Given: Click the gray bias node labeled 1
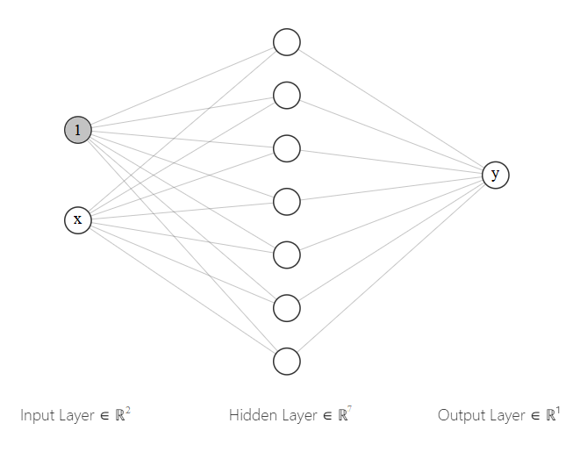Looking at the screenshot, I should click(77, 131).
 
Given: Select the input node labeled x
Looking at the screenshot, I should click(77, 219).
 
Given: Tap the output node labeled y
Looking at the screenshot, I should click(496, 175).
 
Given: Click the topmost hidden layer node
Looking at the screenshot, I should click(287, 42).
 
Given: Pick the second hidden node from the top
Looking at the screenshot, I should click(287, 95).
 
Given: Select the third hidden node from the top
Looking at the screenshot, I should click(287, 148).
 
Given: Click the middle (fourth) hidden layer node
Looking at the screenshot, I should click(287, 202).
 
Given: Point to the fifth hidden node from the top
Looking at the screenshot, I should click(287, 255).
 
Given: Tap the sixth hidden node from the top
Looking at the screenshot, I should click(287, 308).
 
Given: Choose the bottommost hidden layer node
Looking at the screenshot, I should click(287, 362).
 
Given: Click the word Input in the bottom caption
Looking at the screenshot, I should click(38, 416).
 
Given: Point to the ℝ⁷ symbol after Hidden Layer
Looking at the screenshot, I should click(345, 415).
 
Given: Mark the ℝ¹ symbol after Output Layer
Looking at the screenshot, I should click(553, 415).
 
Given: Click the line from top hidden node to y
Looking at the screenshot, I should click(391, 108).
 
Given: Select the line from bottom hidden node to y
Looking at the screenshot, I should click(391, 269).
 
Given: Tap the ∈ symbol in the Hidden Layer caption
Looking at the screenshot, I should click(325, 416).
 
